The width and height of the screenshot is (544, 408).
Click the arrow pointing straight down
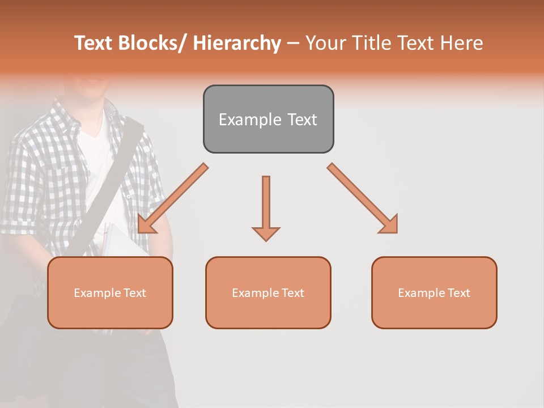266,207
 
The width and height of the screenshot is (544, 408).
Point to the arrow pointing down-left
172,198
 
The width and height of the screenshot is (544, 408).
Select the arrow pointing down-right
363,198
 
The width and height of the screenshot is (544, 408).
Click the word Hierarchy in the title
237,43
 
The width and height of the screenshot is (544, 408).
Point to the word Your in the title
325,43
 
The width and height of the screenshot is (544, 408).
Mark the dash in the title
293,44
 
